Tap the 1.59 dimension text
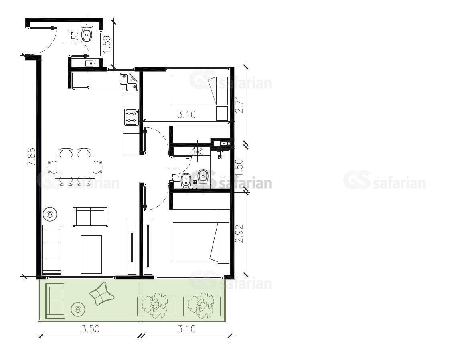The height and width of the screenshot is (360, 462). point(107,44)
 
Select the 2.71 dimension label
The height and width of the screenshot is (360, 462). point(240,104)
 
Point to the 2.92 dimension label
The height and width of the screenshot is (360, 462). point(240,234)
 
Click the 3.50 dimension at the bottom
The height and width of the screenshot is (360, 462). point(91,329)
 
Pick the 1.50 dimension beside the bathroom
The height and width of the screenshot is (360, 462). point(240,168)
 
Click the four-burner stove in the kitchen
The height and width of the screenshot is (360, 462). point(132,117)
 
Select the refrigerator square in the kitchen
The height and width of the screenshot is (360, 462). point(81,81)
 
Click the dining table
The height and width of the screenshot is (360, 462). point(75,167)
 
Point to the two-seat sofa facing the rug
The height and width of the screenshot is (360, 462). point(91,216)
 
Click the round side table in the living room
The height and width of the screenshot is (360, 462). point(50,214)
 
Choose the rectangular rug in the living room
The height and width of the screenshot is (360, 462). point(91,254)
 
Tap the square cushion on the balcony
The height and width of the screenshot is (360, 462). point(102,294)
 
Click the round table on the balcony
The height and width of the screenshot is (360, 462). point(78,309)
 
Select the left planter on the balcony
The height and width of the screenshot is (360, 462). point(156,306)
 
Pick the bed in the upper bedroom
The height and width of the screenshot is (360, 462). point(199,91)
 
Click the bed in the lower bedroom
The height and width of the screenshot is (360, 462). point(201,242)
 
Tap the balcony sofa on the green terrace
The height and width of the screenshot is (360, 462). point(55,301)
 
